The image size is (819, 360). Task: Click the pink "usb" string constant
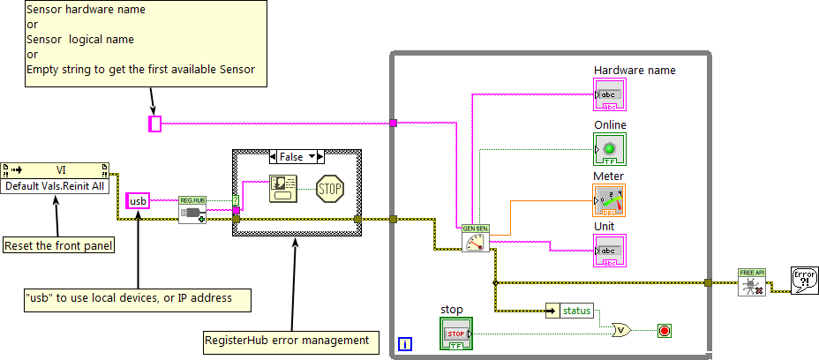138,201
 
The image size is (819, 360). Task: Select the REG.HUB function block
192,210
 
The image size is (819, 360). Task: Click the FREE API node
751,282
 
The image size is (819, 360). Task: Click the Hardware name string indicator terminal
610,94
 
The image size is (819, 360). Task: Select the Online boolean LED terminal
610,148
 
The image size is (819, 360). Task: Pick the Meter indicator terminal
610,200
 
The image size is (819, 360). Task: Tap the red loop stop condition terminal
665,331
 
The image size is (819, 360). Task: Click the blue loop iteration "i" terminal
404,342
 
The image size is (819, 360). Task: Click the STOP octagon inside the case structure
329,188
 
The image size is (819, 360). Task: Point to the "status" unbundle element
576,311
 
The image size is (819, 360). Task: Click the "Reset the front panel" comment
58,245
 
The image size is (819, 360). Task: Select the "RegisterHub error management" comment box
288,339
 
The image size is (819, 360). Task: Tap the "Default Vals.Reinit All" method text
55,186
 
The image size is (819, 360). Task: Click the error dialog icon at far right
805,281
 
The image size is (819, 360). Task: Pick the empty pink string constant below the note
155,124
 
